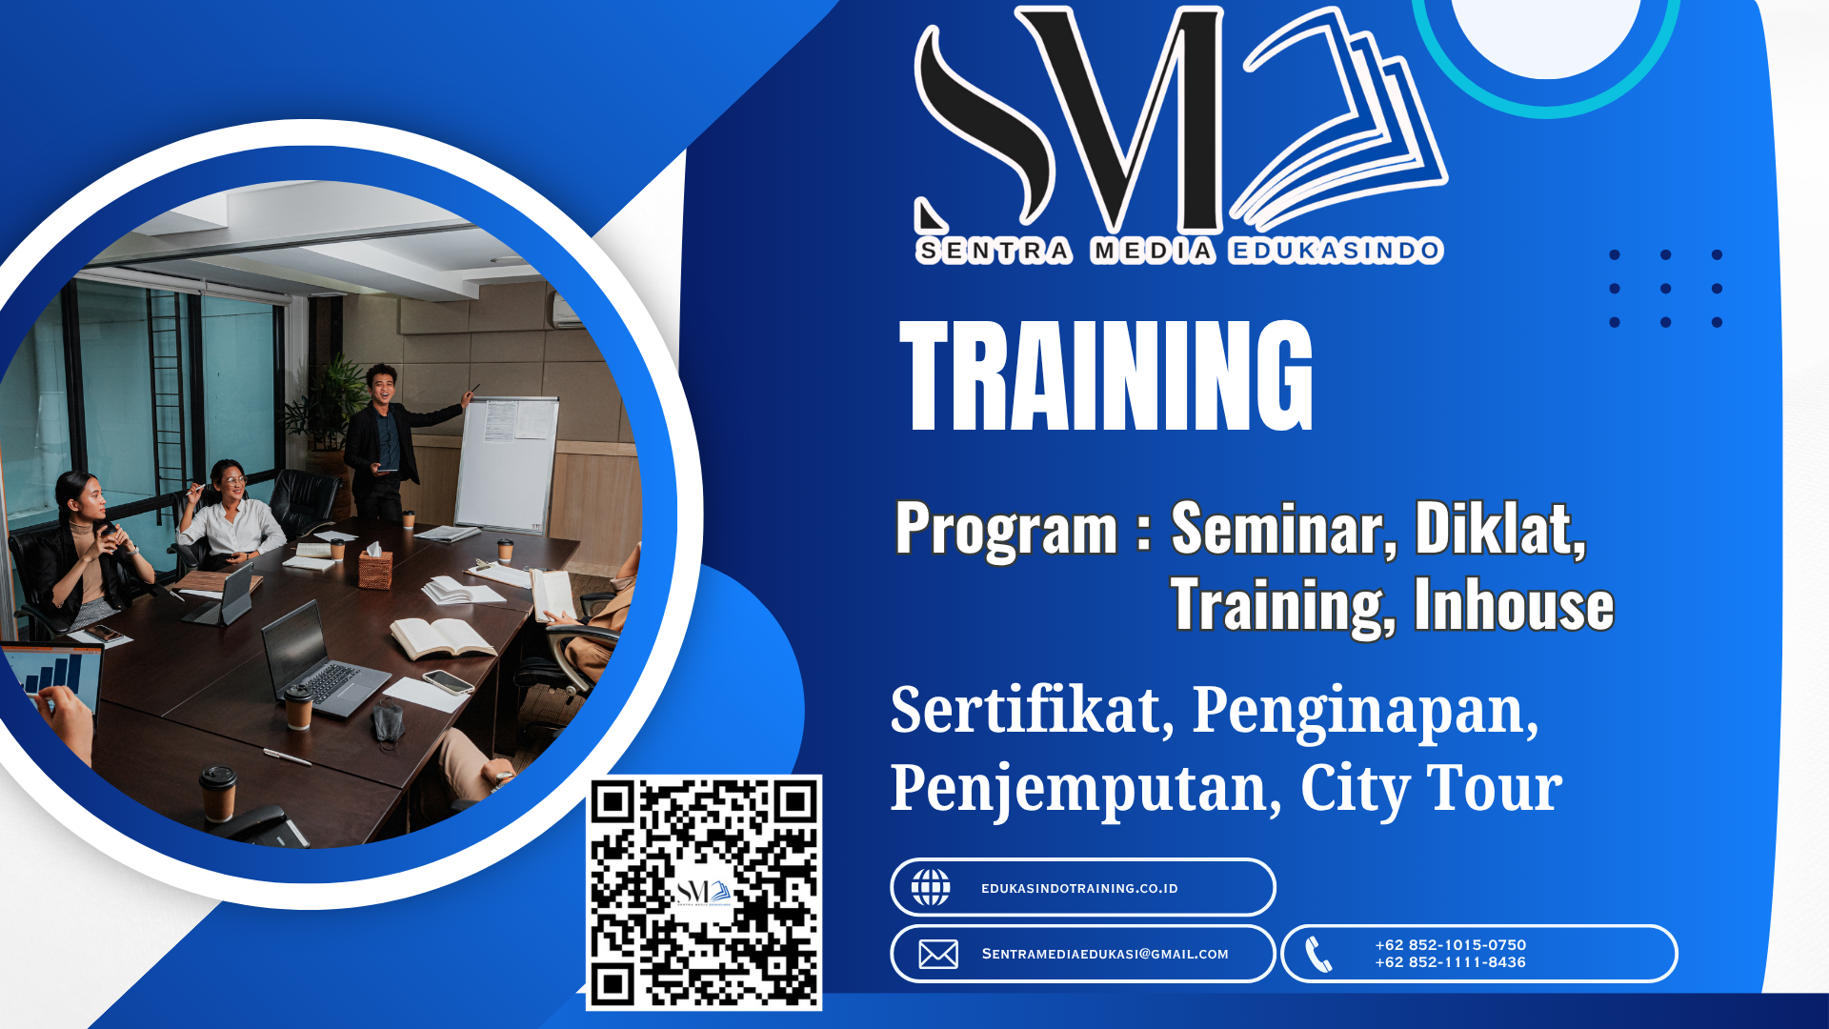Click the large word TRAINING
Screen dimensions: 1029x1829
point(1106,375)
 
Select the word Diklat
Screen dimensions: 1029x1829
point(1498,529)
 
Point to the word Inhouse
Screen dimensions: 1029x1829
point(1514,605)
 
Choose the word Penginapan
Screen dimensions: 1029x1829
point(1364,711)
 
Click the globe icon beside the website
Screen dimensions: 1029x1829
point(931,888)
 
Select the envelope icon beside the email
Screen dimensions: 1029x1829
point(938,954)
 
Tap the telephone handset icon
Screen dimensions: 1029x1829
point(1318,954)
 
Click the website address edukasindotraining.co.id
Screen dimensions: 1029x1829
point(1079,889)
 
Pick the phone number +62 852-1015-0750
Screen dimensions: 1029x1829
point(1450,945)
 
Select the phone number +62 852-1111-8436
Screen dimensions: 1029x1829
point(1450,962)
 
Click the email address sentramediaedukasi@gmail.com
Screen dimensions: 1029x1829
point(1105,954)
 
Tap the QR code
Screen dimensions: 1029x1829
point(703,893)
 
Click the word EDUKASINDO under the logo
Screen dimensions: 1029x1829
point(1335,251)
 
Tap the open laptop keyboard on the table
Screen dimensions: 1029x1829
point(331,682)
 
